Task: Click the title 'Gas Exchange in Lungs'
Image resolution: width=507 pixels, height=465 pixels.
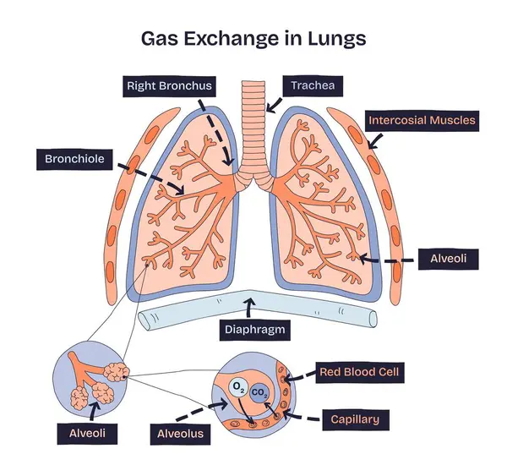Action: (253, 39)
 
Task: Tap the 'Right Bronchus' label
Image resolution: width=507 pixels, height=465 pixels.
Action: (169, 86)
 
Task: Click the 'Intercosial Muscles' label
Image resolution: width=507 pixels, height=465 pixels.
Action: (422, 120)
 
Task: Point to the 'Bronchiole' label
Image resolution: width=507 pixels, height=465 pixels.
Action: (74, 158)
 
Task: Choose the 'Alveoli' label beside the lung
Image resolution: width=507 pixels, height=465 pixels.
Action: (449, 259)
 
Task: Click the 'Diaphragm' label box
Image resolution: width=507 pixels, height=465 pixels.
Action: (253, 331)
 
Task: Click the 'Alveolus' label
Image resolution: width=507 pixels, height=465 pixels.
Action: (181, 435)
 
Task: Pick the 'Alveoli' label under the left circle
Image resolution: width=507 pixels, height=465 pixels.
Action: (89, 435)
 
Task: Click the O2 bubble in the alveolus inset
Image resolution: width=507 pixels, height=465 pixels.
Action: (239, 387)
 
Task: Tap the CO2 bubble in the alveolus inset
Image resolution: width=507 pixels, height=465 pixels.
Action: (261, 391)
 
